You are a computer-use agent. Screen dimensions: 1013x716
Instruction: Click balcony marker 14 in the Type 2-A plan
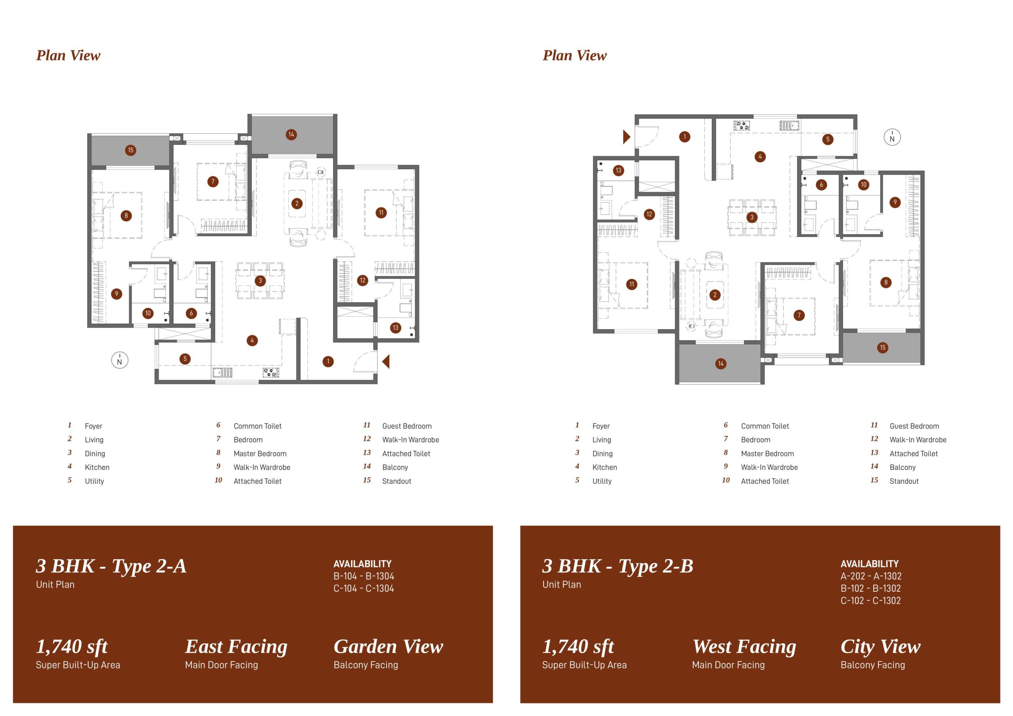(291, 134)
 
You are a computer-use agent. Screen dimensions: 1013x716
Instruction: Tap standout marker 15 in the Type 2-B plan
(882, 348)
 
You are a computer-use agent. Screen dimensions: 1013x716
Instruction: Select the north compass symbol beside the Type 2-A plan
(120, 360)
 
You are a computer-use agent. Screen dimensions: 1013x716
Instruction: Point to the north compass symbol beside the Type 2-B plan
(892, 138)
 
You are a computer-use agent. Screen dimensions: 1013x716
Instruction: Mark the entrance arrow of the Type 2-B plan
(626, 137)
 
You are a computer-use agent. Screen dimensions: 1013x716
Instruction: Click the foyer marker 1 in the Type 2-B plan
(685, 137)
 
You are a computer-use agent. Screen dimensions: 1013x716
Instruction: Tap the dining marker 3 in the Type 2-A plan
(260, 280)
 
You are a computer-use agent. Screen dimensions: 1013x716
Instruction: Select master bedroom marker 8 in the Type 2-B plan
(886, 282)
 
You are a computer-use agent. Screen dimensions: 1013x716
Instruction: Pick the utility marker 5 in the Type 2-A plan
(185, 359)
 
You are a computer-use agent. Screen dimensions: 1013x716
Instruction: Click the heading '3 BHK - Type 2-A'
(111, 566)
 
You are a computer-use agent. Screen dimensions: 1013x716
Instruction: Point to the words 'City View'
(881, 647)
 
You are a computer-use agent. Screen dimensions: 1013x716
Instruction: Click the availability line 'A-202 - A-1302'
(871, 576)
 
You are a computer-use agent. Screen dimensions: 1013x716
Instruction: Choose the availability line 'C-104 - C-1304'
(364, 589)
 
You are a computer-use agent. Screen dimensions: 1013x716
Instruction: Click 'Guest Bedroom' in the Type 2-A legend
(407, 426)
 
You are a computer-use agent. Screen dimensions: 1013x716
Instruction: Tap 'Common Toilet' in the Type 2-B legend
(765, 426)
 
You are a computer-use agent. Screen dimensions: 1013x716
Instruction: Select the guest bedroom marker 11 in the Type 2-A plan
(381, 213)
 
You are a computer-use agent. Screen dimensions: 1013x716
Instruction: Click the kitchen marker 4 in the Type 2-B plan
(760, 157)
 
